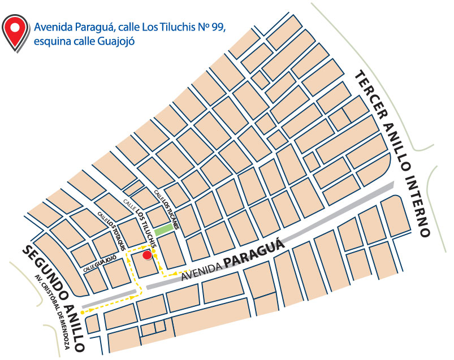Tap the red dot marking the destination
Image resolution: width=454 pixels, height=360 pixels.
(147, 255)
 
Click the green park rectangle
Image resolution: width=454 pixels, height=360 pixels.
(164, 229)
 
